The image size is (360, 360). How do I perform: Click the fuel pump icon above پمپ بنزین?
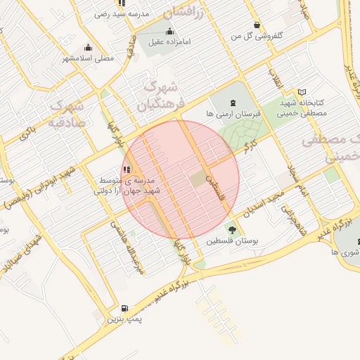(124, 308)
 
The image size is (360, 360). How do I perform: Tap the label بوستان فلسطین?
(232, 240)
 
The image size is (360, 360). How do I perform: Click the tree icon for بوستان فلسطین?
(232, 229)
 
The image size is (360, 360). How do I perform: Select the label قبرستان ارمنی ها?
(234, 113)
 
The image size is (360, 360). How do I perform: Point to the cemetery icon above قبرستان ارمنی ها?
(234, 102)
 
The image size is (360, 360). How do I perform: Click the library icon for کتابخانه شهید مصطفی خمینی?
(302, 92)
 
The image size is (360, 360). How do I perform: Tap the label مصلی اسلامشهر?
(88, 58)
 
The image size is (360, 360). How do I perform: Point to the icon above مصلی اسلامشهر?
(88, 46)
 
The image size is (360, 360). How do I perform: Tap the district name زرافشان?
(184, 11)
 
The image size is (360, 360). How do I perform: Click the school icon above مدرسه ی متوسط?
(126, 169)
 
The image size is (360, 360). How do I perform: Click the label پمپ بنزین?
(124, 319)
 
